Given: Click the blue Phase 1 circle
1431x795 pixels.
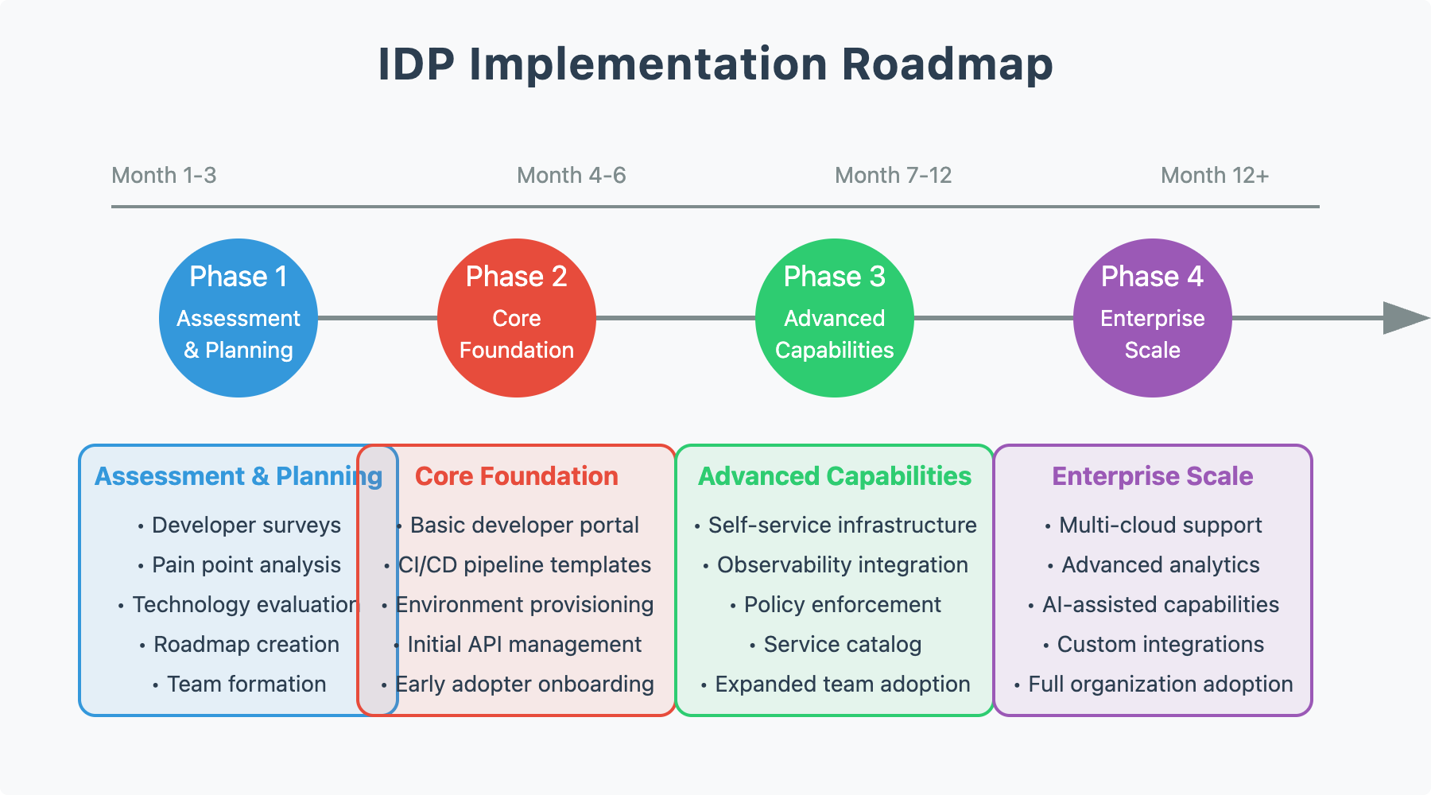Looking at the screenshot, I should click(x=238, y=318).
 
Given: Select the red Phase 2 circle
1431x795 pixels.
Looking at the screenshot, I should click(x=517, y=318).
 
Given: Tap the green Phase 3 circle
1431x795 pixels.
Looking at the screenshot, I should click(x=835, y=318).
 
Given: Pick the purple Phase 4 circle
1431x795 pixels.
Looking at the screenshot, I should click(x=1153, y=318).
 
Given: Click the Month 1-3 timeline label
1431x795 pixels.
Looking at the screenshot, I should click(x=164, y=175).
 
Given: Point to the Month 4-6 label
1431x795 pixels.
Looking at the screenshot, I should click(x=571, y=175).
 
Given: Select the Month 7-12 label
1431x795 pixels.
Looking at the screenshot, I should click(x=893, y=175).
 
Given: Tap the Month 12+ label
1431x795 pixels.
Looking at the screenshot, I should click(x=1214, y=175).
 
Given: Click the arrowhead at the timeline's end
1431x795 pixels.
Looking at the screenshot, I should click(x=1404, y=318).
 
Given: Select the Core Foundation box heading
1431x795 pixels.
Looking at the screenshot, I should click(x=517, y=476).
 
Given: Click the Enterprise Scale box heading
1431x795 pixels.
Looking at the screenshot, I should click(x=1153, y=476).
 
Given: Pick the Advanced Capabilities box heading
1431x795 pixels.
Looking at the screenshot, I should click(x=835, y=476).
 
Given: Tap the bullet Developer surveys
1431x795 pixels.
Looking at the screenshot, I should click(x=246, y=525).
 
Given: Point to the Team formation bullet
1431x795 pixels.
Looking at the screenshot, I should click(x=246, y=684).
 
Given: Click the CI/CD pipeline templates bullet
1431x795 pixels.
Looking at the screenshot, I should click(x=525, y=564).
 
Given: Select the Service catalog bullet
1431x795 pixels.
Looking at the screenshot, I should click(x=842, y=644).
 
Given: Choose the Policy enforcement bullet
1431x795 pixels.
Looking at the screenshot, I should click(x=842, y=604).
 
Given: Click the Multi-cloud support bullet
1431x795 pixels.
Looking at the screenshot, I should click(x=1160, y=525).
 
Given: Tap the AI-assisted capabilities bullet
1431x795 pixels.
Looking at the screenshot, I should click(x=1160, y=604).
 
